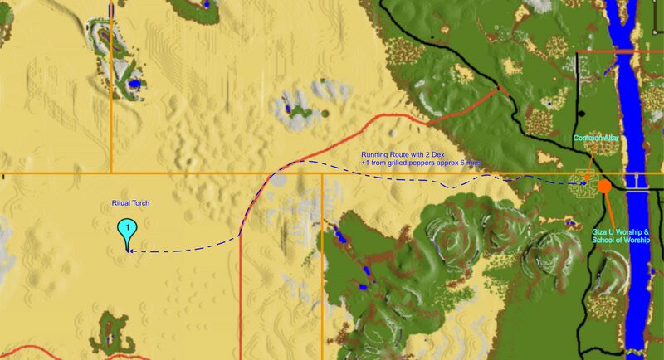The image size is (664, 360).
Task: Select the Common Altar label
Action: [x=596, y=138]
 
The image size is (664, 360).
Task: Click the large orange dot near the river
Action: [x=604, y=186]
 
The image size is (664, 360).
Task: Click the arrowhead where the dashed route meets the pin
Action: [x=131, y=250]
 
